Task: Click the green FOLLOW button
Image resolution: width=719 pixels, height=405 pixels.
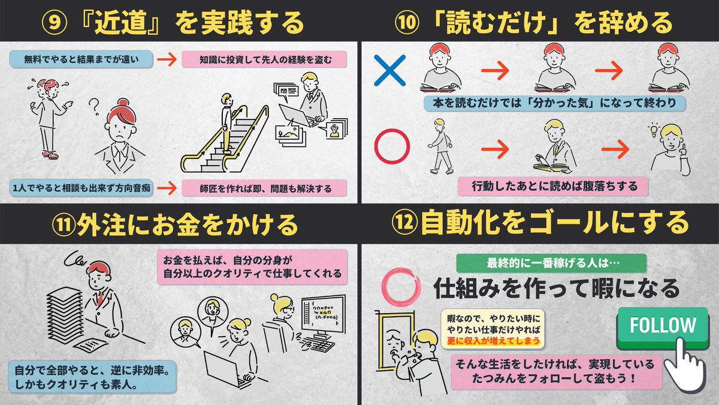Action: point(663,328)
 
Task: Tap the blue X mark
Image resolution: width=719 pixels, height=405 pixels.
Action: point(389,70)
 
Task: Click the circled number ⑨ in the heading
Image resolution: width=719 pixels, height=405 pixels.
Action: point(55,23)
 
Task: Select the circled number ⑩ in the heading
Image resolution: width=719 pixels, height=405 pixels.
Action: point(407,23)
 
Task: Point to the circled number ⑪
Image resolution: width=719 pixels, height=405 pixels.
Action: point(64,224)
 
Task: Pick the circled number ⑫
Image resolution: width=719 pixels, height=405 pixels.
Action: point(404,223)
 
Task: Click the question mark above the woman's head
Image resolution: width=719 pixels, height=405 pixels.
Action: point(94,107)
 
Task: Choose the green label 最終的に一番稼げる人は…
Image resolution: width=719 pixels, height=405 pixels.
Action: point(551,263)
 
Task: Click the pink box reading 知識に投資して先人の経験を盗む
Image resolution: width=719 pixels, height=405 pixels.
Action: point(264,59)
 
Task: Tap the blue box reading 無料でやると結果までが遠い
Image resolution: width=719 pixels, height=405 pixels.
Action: point(81,59)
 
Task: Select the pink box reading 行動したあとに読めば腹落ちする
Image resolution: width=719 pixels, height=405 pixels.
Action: point(553,186)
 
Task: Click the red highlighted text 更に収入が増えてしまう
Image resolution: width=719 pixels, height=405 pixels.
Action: point(493,340)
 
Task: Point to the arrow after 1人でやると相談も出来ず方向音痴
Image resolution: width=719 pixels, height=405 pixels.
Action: point(167,188)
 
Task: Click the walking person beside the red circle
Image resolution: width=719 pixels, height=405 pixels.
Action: point(441,146)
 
